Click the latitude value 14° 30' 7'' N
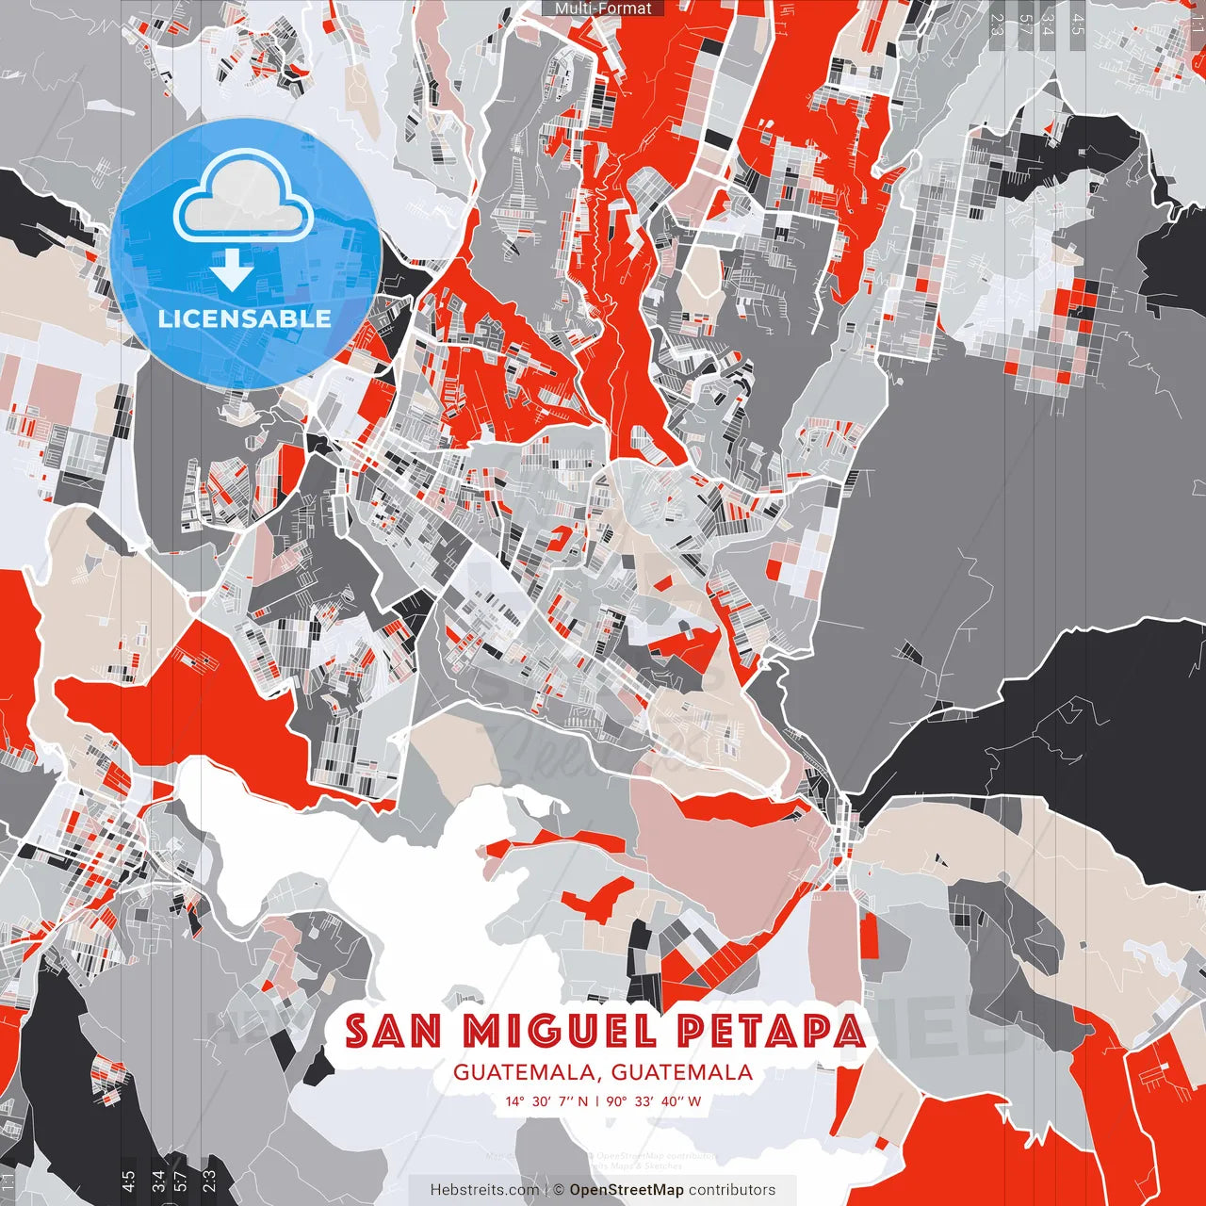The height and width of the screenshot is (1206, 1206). point(546,1100)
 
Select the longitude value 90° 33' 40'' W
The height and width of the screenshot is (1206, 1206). point(653,1100)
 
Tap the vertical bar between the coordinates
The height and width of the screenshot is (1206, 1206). point(597,1100)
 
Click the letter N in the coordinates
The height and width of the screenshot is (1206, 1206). point(582,1100)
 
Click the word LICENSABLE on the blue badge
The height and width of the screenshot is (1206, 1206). point(245,318)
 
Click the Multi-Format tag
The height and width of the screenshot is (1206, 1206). point(603,8)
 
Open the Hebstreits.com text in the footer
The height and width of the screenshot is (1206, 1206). point(485,1190)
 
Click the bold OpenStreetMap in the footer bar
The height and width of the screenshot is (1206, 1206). point(627,1190)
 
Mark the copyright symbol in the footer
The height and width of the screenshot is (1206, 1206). point(558,1190)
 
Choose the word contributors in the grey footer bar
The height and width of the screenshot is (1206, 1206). point(732,1190)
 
